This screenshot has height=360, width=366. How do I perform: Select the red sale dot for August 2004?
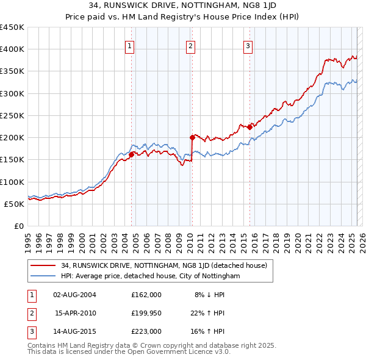(x=131, y=154)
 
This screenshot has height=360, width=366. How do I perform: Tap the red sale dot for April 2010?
(x=192, y=138)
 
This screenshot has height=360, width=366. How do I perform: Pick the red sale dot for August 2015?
(x=249, y=128)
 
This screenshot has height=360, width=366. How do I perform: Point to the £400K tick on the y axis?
(x=12, y=49)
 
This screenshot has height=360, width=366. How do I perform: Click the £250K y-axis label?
(x=12, y=115)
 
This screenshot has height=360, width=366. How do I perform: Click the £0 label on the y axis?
(x=18, y=226)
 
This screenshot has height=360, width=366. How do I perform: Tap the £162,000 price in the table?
(x=146, y=295)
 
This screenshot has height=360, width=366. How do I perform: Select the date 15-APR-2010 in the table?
(x=76, y=313)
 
